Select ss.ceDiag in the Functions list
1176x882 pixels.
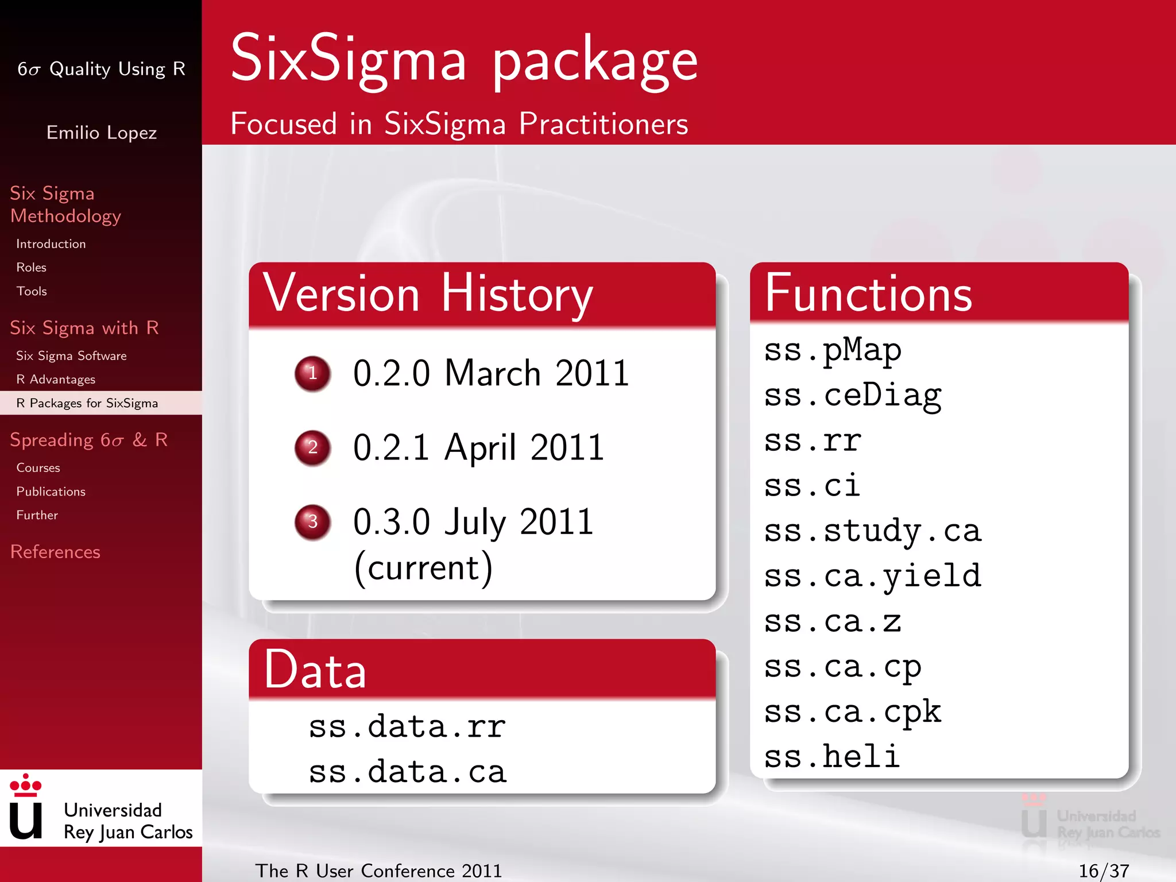tap(852, 396)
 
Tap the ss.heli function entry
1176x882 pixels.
tap(831, 756)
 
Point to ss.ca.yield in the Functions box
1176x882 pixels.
tap(872, 576)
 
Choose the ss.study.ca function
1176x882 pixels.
tap(872, 531)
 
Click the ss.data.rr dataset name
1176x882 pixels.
tap(407, 726)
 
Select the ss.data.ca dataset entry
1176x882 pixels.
tap(407, 772)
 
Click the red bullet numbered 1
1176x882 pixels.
tap(312, 373)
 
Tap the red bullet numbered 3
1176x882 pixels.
tap(312, 521)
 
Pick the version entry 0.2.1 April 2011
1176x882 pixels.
tap(478, 447)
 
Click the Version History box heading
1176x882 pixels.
tap(427, 294)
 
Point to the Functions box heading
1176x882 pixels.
tap(868, 294)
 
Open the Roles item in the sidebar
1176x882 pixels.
tap(32, 268)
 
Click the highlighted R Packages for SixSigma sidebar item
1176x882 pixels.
tap(87, 403)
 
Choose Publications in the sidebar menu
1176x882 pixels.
tap(51, 492)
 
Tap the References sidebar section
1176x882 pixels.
tap(55, 552)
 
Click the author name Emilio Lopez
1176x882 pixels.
tap(102, 133)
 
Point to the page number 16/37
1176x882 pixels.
tap(1104, 871)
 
